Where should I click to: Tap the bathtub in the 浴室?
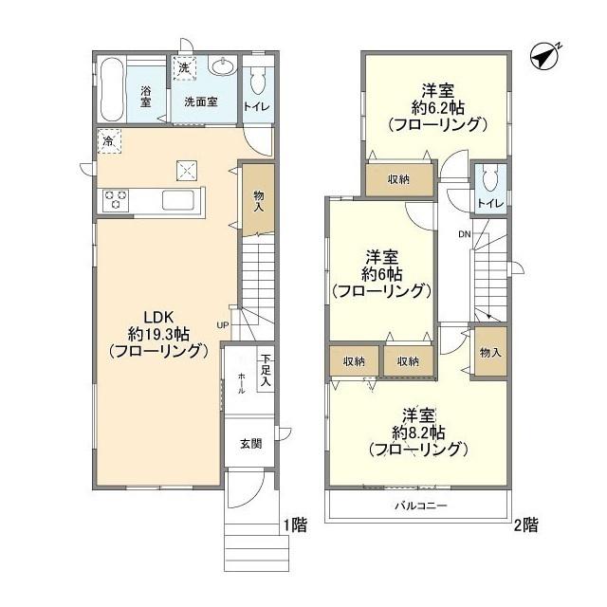pyautogui.click(x=112, y=90)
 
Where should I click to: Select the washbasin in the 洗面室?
pyautogui.click(x=222, y=65)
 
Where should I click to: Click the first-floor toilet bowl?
pyautogui.click(x=257, y=80)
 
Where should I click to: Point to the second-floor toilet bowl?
pyautogui.click(x=490, y=181)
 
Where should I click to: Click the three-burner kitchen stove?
pyautogui.click(x=116, y=200)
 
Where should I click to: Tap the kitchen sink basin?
pyautogui.click(x=177, y=200)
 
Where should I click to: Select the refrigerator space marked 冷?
pyautogui.click(x=109, y=141)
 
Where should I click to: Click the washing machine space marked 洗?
pyautogui.click(x=184, y=68)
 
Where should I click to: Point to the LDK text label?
pyautogui.click(x=158, y=318)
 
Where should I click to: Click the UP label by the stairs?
pyautogui.click(x=223, y=325)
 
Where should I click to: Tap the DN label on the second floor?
pyautogui.click(x=465, y=234)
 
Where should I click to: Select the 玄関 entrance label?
pyautogui.click(x=250, y=444)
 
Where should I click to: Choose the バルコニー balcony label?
pyautogui.click(x=421, y=506)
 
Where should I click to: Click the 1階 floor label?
pyautogui.click(x=296, y=525)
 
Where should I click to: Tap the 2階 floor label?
pyautogui.click(x=525, y=525)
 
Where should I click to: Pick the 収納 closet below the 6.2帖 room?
pyautogui.click(x=399, y=179)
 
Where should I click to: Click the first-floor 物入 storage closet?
pyautogui.click(x=259, y=200)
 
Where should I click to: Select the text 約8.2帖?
pyautogui.click(x=418, y=432)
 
